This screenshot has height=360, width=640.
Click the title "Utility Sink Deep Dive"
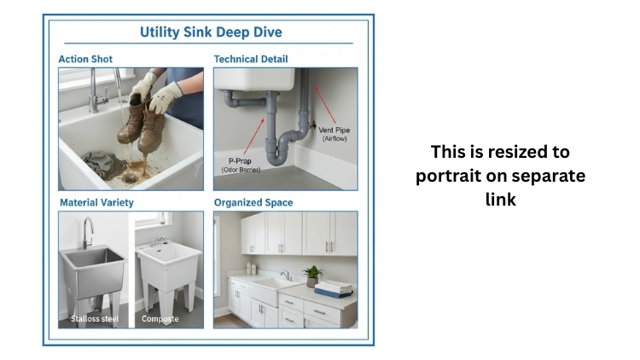point(210,32)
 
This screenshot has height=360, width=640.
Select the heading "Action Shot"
point(85,60)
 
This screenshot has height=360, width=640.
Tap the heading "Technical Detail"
point(251,60)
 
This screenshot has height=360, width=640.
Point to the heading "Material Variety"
point(96,203)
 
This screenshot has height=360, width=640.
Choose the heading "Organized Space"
point(253,203)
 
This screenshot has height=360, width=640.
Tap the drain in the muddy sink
point(131,179)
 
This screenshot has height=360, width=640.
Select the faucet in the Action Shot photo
point(96,89)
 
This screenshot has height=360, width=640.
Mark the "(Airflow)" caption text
point(334,138)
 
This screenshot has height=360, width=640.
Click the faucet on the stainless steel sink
point(86,230)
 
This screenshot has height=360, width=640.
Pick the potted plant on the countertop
point(312,275)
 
